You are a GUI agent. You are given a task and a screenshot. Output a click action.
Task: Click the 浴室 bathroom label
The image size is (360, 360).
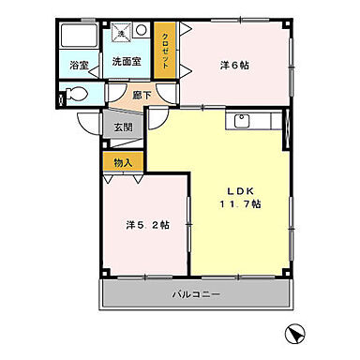coord(78,66)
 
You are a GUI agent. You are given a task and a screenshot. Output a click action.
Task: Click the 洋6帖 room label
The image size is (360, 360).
coord(235,65)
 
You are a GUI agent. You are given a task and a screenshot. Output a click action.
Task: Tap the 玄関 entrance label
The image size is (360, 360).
coord(123,128)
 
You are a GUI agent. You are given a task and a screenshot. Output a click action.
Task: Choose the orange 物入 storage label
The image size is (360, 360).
coord(123,162)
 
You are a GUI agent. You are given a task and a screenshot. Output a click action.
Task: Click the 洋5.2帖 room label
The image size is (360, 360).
coord(147,225)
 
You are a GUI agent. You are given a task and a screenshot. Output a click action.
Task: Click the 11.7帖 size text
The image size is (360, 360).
coord(240,203)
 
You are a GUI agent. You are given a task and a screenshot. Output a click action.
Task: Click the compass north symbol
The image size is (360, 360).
coord(296,333)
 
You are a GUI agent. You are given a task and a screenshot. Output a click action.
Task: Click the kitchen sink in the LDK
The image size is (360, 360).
coord(240,121)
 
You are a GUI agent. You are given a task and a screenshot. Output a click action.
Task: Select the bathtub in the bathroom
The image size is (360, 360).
coord(77,38)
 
